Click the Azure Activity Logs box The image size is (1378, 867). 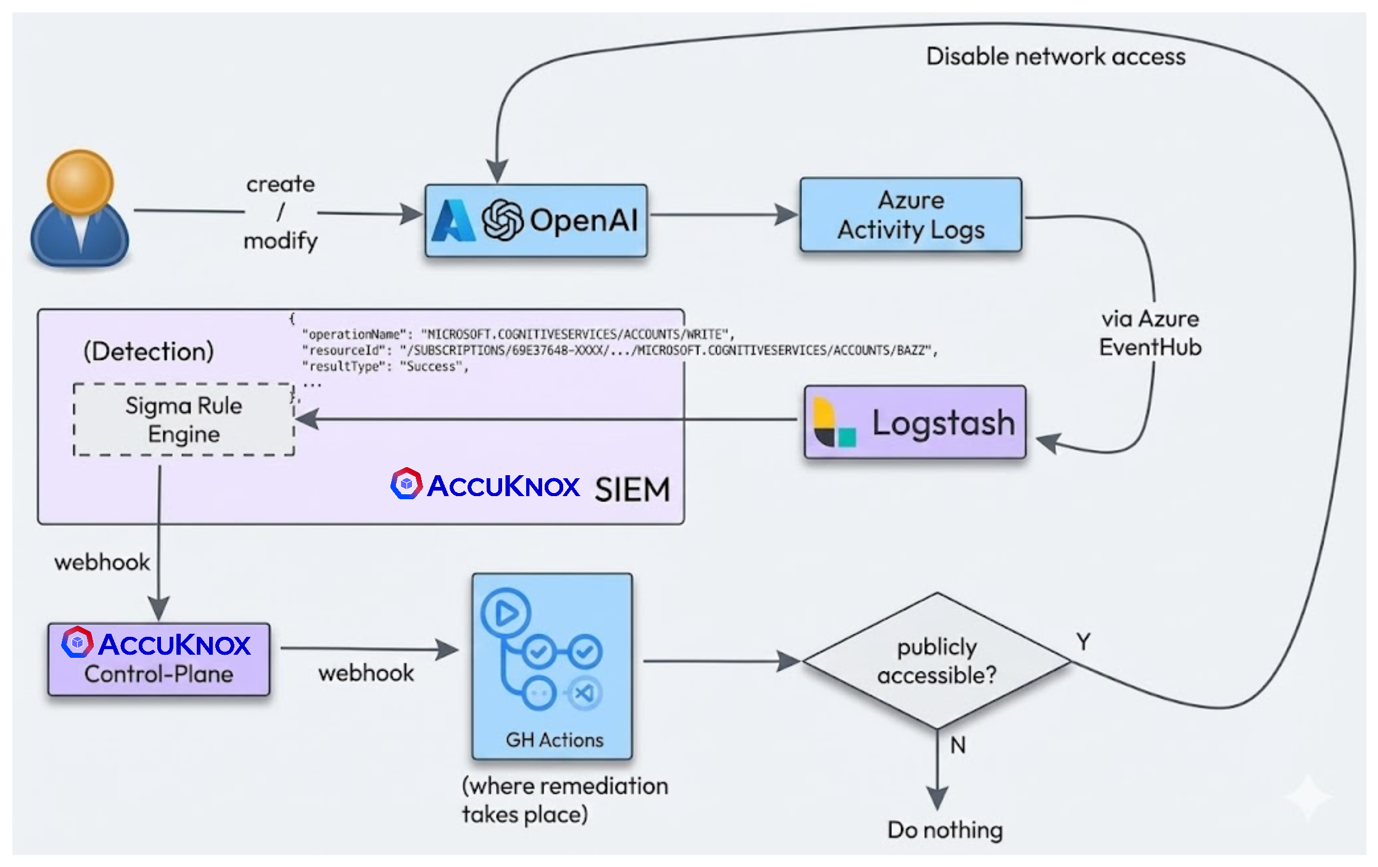(x=910, y=215)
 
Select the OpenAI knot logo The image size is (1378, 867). (x=502, y=220)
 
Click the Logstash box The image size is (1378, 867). (x=915, y=423)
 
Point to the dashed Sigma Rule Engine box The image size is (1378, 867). (x=184, y=420)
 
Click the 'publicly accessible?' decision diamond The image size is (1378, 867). (x=936, y=661)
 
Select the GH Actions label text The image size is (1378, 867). (x=554, y=739)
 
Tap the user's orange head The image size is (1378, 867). (x=80, y=181)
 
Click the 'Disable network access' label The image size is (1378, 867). (x=1055, y=57)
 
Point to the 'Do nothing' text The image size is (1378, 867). (x=944, y=830)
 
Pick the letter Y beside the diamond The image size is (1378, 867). (x=1083, y=642)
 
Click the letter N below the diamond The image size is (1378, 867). (x=957, y=745)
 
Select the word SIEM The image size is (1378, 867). (x=632, y=490)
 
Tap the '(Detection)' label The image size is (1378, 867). (x=149, y=351)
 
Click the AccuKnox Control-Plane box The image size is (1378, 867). (x=159, y=659)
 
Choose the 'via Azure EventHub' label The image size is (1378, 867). (x=1150, y=333)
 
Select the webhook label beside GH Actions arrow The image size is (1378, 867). (x=366, y=673)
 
